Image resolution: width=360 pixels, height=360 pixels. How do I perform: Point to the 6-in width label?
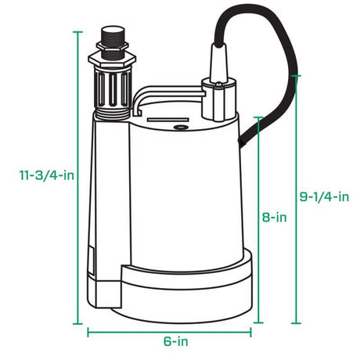175,342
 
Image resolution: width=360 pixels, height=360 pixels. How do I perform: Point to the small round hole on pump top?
181,124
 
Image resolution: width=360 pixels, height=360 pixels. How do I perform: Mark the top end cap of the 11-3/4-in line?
78,32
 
